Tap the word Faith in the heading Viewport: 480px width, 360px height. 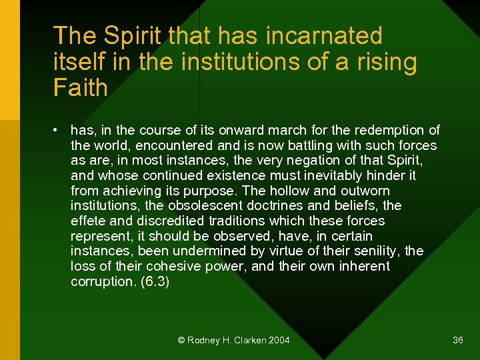coord(80,87)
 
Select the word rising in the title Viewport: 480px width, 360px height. coord(386,61)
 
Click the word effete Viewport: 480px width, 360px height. coord(88,221)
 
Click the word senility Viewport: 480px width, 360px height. coord(375,251)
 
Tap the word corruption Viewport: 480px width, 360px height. coord(103,281)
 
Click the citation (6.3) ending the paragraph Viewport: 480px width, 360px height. coord(155,282)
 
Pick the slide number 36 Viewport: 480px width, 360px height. coord(457,340)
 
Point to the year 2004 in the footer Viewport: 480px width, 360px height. coord(279,340)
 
